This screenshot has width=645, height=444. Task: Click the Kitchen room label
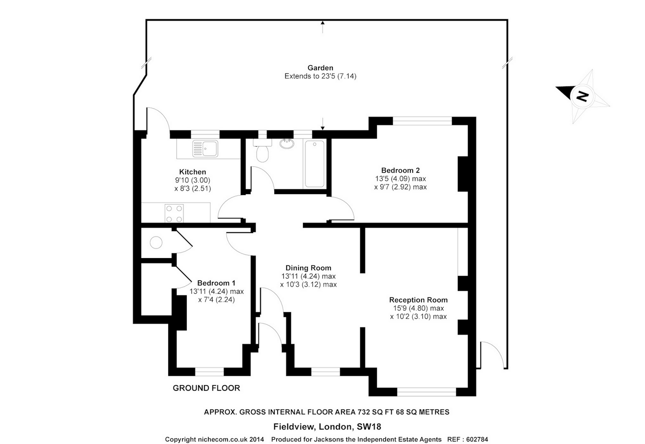click(x=193, y=172)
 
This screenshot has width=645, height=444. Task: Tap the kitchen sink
click(x=205, y=149)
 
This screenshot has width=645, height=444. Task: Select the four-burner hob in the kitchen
click(x=174, y=213)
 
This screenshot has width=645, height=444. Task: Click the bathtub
click(x=314, y=163)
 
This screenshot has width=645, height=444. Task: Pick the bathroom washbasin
click(x=287, y=143)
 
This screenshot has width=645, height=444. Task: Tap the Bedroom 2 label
click(x=400, y=171)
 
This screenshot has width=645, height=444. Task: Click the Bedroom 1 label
click(x=216, y=283)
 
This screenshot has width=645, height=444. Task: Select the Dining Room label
click(x=308, y=268)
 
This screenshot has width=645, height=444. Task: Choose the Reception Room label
click(x=418, y=300)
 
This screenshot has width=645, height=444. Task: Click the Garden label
click(x=320, y=68)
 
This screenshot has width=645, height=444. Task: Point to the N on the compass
click(x=582, y=96)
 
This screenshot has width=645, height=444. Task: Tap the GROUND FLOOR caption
click(x=206, y=388)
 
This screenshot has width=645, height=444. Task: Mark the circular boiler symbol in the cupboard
click(x=156, y=243)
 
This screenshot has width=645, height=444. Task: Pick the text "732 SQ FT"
click(x=375, y=412)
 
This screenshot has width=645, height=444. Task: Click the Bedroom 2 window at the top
click(x=422, y=121)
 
